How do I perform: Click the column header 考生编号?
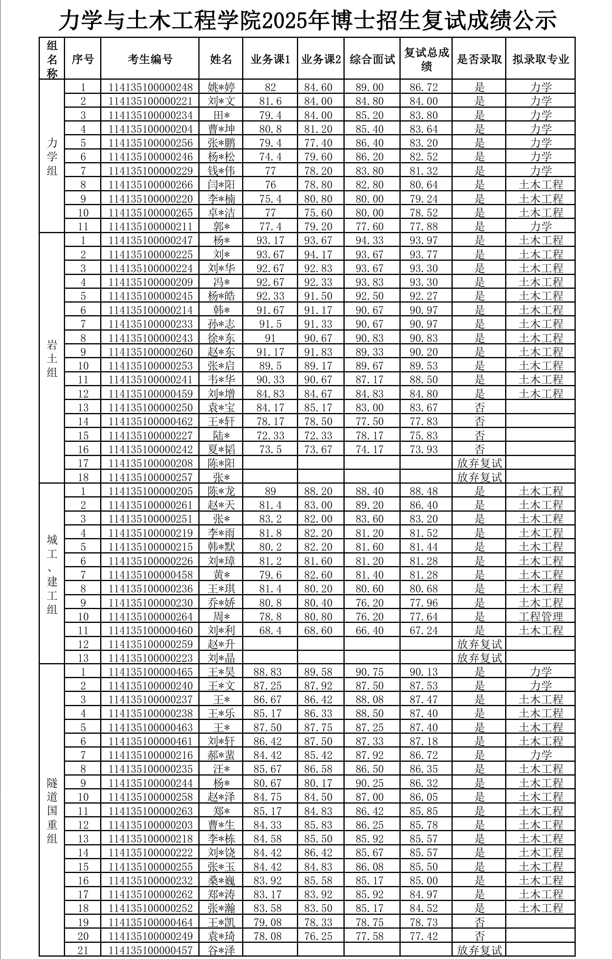coord(150,59)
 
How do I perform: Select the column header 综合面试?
coord(372,59)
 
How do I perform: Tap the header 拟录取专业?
coord(540,59)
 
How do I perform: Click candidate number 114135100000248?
coord(151,87)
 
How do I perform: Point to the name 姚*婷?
coord(221,87)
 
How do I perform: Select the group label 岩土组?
coord(52,358)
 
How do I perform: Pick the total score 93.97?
coord(424,241)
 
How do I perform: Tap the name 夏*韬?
coord(221,449)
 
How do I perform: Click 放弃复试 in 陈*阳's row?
coord(480,463)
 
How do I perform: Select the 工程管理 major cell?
coord(540,617)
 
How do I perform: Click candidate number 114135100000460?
coord(151,630)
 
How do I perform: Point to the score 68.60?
coord(318,630)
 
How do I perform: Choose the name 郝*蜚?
coord(221,755)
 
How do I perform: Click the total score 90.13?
coord(424,672)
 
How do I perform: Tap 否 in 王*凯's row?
coord(480,922)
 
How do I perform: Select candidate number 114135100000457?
coord(151,950)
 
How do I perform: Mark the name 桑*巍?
coord(221,880)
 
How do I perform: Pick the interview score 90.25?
coord(369,783)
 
